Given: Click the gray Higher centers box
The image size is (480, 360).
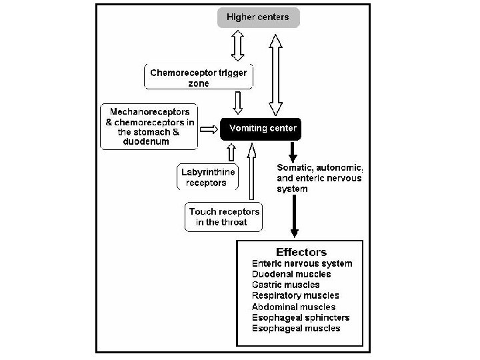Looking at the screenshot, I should click(259, 17).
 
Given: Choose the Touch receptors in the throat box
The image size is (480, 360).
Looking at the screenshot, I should click(224, 217).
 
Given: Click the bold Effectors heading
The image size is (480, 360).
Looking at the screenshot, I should click(301, 252).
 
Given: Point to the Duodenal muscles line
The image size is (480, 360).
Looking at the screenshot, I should click(291, 274).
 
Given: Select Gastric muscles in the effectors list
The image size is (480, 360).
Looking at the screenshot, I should click(285, 285).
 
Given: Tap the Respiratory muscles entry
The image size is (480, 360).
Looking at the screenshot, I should click(295, 295).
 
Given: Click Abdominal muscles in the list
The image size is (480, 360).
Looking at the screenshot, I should click(293, 307).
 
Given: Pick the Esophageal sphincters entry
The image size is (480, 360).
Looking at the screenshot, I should click(301, 317).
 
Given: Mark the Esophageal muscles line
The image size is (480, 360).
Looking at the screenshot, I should click(296, 328).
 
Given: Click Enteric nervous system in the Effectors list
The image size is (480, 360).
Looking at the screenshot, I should click(302, 263).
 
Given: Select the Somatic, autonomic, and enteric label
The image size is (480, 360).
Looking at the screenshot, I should click(319, 177).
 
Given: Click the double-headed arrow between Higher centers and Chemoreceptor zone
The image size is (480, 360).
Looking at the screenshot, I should click(237, 45).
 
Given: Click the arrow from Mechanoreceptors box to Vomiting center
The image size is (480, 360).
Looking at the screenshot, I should click(210, 126).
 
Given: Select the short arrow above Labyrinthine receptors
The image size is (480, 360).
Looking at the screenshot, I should click(231, 153).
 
